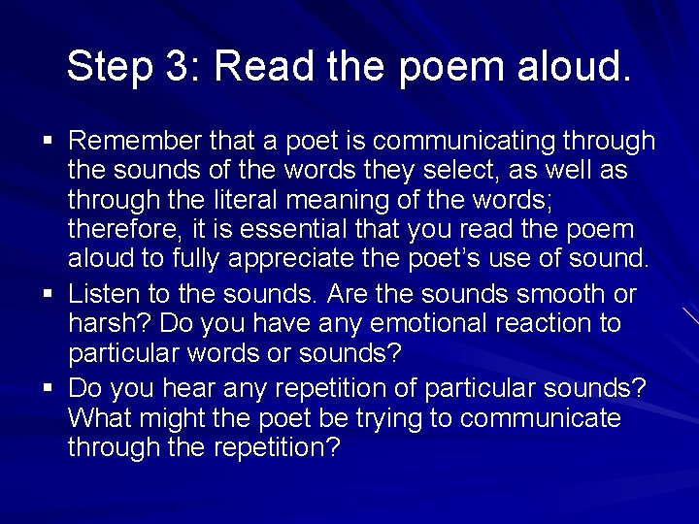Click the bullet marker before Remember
(x=49, y=142)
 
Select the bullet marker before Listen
(x=49, y=293)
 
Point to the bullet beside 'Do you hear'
(x=49, y=388)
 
